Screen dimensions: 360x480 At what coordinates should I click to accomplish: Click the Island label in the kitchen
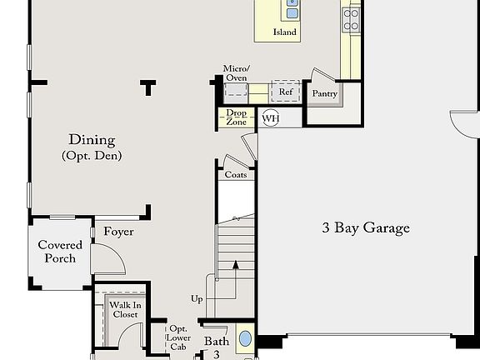click(284, 32)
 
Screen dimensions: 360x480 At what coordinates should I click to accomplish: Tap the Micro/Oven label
click(236, 73)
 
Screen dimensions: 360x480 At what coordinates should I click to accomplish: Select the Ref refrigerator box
click(285, 92)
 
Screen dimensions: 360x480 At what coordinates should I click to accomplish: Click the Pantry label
click(324, 94)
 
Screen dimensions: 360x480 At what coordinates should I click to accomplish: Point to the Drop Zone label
click(236, 117)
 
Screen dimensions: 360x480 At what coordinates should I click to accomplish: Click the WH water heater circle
click(270, 118)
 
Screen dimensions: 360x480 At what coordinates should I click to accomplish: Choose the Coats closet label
click(235, 175)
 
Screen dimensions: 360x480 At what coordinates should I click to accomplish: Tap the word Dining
click(92, 140)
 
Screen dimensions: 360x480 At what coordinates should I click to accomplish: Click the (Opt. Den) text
click(92, 156)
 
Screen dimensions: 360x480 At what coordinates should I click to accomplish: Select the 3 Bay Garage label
click(366, 227)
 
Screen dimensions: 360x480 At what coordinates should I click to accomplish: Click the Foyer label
click(118, 232)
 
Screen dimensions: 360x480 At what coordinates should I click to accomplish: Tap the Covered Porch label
click(60, 252)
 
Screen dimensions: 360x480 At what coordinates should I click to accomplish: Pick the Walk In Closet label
click(124, 310)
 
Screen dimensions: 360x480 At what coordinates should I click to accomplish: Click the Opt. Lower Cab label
click(178, 338)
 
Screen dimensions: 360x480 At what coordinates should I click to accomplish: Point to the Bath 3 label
click(216, 347)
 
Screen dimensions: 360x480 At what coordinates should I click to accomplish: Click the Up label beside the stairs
click(197, 298)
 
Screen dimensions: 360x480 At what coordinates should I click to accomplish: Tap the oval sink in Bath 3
click(246, 340)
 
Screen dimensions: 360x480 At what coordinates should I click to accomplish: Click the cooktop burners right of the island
click(352, 18)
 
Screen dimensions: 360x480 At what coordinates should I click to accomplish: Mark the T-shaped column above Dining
click(148, 85)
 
